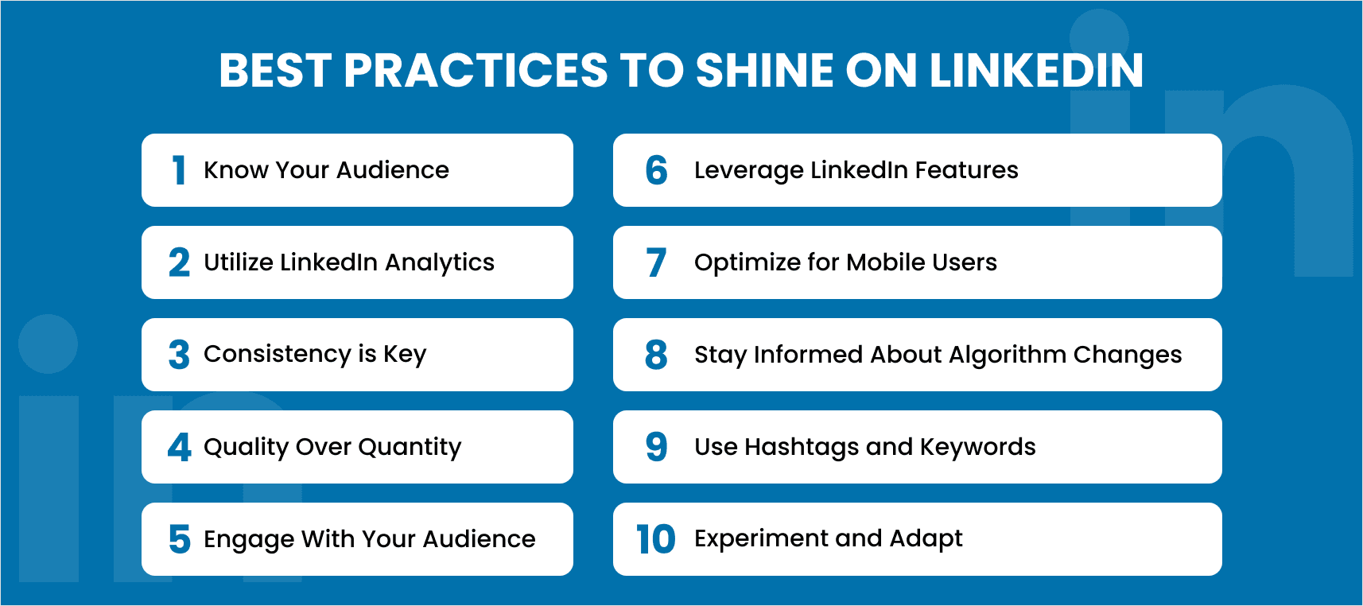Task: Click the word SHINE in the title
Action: click(x=764, y=70)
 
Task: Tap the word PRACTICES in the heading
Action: click(x=476, y=70)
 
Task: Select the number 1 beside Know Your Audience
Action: click(x=179, y=170)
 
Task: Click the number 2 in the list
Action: click(x=179, y=262)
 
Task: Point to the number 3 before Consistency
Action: click(x=179, y=355)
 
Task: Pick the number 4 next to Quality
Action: click(x=179, y=447)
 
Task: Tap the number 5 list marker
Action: click(x=179, y=539)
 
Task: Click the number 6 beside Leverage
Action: click(x=656, y=170)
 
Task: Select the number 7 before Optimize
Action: click(x=656, y=262)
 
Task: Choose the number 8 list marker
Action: click(x=656, y=355)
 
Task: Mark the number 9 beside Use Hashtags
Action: click(x=656, y=447)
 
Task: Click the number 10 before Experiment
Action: click(x=655, y=539)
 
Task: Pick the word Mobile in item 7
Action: click(x=879, y=262)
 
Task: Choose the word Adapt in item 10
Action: click(x=926, y=539)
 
